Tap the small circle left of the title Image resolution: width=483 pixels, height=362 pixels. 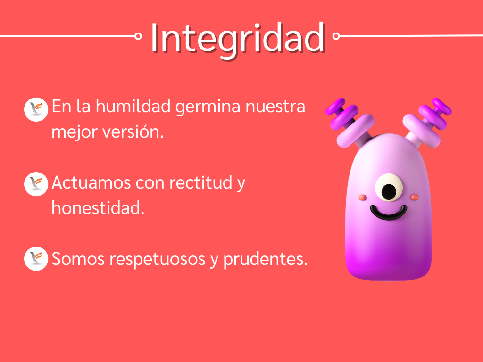(138, 36)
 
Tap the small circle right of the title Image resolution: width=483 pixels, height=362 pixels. (336, 36)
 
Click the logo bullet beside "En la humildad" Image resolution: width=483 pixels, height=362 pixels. (36, 109)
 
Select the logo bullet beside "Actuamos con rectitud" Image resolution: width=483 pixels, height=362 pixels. (36, 184)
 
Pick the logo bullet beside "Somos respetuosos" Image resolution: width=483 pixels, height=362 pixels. (36, 259)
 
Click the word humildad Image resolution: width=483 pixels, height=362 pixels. (133, 106)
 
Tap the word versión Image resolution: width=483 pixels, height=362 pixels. (133, 132)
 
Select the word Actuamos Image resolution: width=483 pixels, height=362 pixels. (92, 182)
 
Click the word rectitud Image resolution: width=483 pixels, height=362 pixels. (201, 182)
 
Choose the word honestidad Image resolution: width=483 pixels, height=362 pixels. (98, 208)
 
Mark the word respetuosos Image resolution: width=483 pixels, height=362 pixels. (158, 260)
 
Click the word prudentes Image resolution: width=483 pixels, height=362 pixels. (266, 260)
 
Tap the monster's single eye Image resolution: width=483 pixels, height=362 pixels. (389, 188)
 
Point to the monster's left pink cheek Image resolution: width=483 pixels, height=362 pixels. (363, 197)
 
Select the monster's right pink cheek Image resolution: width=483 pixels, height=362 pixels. (415, 197)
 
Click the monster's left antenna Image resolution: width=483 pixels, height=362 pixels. (350, 122)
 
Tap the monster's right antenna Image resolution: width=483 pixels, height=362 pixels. (427, 122)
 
